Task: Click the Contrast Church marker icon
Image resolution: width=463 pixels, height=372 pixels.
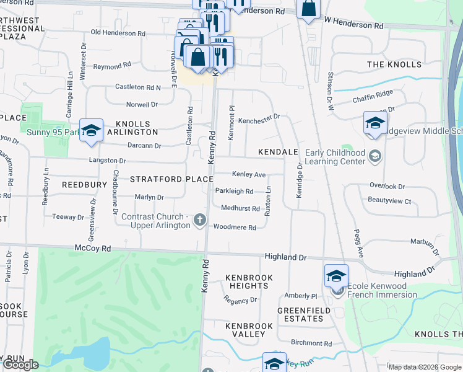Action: pos(199,219)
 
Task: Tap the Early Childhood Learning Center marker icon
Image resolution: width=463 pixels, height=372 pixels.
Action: pos(373,155)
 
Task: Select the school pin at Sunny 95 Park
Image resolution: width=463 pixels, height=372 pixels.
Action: pos(91,130)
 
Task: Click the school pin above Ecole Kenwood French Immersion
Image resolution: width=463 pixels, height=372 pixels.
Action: pos(336,275)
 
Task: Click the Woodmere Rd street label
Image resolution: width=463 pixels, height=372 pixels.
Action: pos(235,228)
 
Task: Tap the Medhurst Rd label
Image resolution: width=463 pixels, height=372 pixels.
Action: pos(240,208)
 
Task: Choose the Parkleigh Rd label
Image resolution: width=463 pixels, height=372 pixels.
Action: pos(234,191)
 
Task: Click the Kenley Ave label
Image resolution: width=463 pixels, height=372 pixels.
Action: pos(248,175)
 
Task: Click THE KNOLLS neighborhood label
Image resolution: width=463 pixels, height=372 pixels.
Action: pos(394,64)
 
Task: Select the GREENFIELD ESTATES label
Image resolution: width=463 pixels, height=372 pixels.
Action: pos(300,314)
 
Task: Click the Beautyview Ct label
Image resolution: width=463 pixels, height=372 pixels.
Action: pos(389,201)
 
